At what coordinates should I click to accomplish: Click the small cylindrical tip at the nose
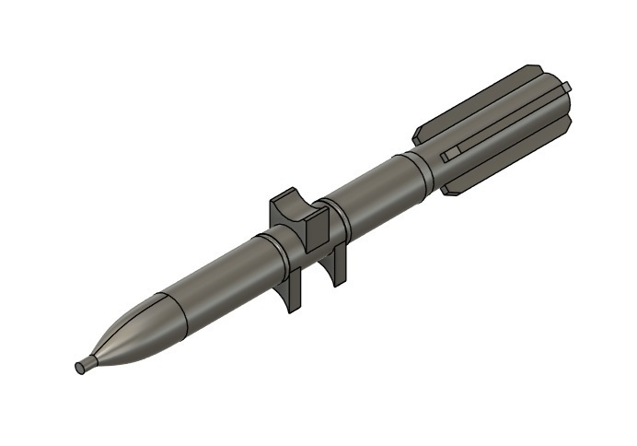pyautogui.click(x=86, y=364)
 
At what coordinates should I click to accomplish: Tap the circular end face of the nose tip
pyautogui.click(x=79, y=368)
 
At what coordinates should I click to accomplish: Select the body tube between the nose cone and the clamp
pyautogui.click(x=216, y=276)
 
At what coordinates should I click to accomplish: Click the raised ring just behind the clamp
pyautogui.click(x=338, y=213)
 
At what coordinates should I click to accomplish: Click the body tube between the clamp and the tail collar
pyautogui.click(x=373, y=194)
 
